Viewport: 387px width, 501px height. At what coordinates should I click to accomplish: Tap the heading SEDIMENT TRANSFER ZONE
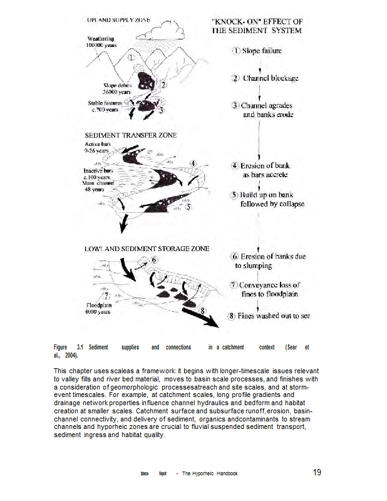[x=131, y=135]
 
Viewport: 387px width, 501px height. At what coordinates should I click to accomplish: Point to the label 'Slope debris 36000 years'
[x=116, y=88]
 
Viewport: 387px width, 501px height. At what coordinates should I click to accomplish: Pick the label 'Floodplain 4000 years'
[x=99, y=308]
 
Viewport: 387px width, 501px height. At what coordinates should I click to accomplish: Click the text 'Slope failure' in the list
[x=262, y=51]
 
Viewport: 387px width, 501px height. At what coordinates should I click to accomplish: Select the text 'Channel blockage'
[x=271, y=78]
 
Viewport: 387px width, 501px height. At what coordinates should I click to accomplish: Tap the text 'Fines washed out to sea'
[x=274, y=316]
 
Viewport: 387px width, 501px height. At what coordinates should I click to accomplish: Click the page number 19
[x=317, y=473]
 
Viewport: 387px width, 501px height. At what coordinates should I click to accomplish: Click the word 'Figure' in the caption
[x=60, y=347]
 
